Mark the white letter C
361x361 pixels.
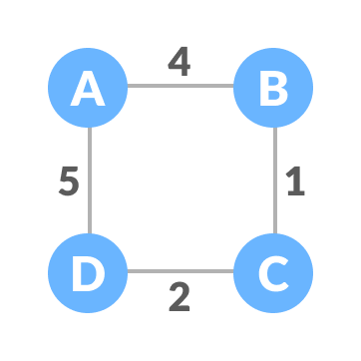(273, 272)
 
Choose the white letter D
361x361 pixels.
(88, 272)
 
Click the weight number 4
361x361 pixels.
(179, 62)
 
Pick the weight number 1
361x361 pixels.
(295, 182)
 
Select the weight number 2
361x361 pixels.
(179, 296)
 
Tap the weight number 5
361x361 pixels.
(68, 182)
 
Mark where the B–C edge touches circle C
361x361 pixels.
(273, 233)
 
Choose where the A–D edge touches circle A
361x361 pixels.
(89, 127)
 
